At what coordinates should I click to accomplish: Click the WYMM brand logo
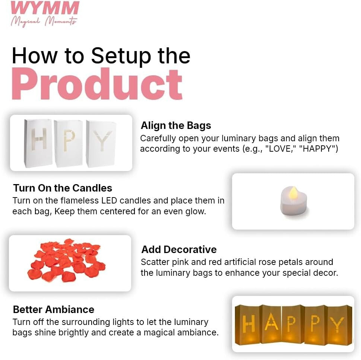(45, 13)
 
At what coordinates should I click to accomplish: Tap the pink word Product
(97, 84)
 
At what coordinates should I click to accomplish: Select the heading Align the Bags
(176, 126)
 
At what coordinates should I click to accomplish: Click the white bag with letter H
(38, 143)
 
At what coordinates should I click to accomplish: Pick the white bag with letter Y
(101, 144)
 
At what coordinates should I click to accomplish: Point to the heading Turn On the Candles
(63, 188)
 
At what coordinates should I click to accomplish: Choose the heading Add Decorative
(179, 249)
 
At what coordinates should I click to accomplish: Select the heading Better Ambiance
(54, 309)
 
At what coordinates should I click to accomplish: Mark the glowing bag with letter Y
(338, 325)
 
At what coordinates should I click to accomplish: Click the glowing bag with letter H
(248, 324)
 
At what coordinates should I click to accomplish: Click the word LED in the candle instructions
(109, 200)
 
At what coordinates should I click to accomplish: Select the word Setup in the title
(121, 57)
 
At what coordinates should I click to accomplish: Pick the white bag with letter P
(69, 143)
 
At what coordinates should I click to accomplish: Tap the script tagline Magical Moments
(44, 22)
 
